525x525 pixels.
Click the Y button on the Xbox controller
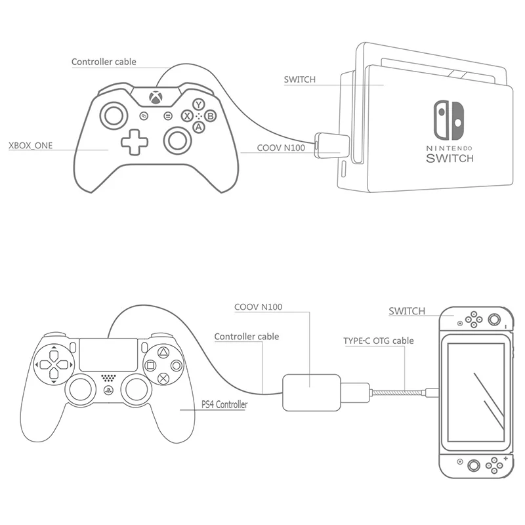click(x=199, y=104)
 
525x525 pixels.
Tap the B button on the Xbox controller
click(x=210, y=116)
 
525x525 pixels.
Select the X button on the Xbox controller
click(x=187, y=116)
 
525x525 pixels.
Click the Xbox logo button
click(x=156, y=97)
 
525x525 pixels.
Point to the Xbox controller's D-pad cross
click(x=135, y=142)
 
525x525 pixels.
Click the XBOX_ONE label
click(x=30, y=146)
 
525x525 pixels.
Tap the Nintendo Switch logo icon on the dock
click(x=449, y=120)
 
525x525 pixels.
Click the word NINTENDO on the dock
click(x=450, y=148)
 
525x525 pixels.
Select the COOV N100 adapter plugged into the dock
click(x=332, y=145)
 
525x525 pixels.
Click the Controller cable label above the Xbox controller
click(x=104, y=62)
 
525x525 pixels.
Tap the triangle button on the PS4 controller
click(x=163, y=352)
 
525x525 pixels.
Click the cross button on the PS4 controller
click(x=163, y=379)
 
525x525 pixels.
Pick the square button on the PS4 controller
click(x=150, y=366)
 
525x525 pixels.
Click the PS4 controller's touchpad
click(x=108, y=354)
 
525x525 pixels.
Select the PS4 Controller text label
click(x=224, y=404)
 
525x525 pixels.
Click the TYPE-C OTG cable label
click(x=379, y=341)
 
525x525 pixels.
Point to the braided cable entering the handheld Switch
click(x=398, y=392)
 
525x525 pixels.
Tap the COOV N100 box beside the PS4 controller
click(x=312, y=392)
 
